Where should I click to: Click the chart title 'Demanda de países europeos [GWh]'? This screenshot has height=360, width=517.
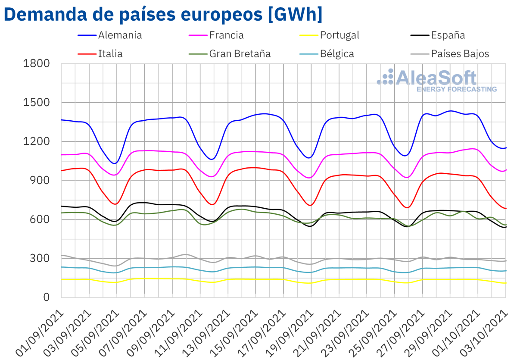[163, 14]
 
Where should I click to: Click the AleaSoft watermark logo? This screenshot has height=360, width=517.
[427, 78]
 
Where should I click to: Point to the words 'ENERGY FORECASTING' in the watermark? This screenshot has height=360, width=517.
[456, 89]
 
